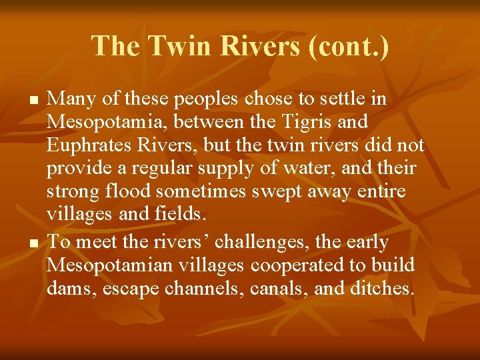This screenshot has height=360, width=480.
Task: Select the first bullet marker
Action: [x=34, y=100]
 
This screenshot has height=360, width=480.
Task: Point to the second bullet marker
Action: [x=34, y=243]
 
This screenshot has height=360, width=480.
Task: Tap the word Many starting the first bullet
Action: [x=71, y=99]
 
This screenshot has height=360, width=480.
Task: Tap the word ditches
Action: [x=381, y=289]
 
